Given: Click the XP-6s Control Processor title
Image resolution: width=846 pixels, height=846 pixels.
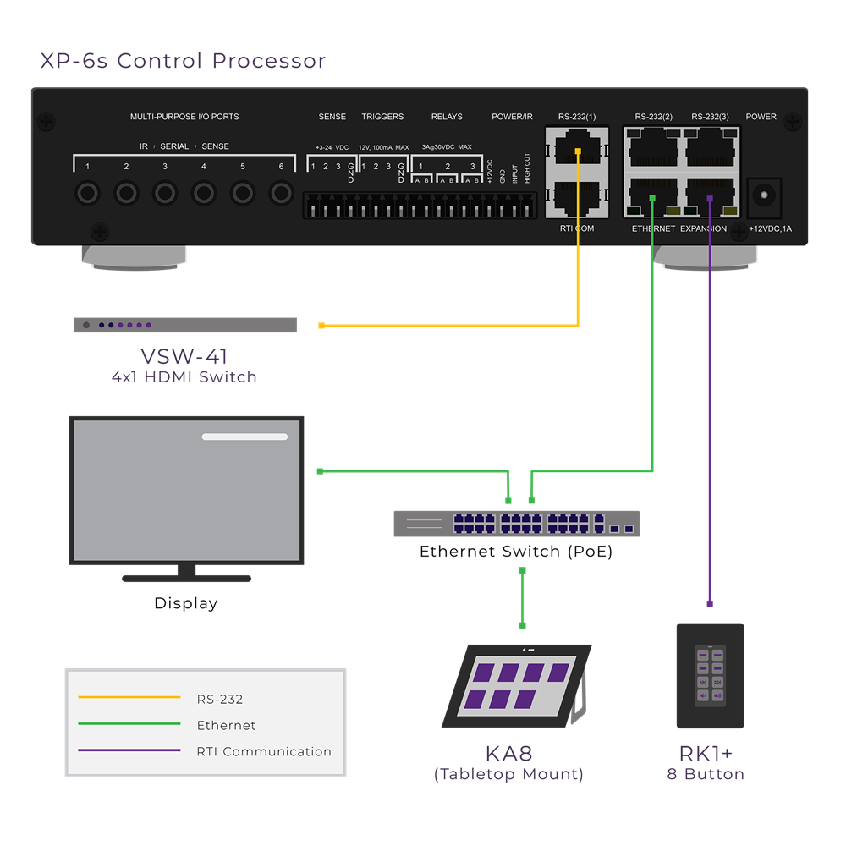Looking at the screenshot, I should [183, 61].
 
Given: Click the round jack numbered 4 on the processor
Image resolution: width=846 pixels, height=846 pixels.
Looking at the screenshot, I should [204, 194].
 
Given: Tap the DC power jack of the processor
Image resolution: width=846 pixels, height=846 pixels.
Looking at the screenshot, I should [766, 195].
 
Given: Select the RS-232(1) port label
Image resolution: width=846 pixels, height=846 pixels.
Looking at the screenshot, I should [577, 117].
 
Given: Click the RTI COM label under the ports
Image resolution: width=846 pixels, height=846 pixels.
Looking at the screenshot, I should [577, 228].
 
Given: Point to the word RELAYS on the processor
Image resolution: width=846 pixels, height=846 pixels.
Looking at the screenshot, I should [447, 117].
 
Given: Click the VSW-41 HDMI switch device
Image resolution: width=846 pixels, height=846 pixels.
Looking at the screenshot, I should [184, 325].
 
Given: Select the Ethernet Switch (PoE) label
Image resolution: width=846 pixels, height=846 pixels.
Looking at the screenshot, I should [516, 552].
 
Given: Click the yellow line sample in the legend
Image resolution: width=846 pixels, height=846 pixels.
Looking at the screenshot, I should [129, 698].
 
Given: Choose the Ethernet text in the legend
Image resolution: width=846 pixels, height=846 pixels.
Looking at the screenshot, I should [226, 725].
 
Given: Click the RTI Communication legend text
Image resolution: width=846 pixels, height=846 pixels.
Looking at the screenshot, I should [264, 751].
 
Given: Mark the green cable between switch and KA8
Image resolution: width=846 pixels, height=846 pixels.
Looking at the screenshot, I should [522, 597].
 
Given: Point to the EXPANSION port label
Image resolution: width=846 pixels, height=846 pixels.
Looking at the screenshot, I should [703, 228].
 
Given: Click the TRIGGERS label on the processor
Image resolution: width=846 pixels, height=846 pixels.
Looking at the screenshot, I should [382, 117].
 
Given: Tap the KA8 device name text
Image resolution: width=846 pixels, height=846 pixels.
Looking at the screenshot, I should [508, 753].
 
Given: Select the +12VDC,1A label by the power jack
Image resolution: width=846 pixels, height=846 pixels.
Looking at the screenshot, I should [770, 228].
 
